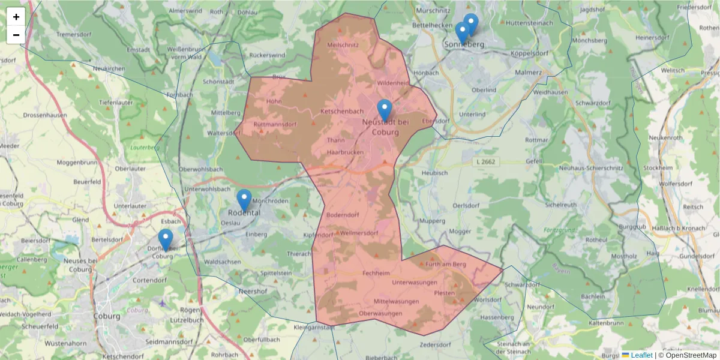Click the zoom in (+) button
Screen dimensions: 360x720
(x=16, y=17)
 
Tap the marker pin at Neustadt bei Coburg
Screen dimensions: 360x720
(x=385, y=110)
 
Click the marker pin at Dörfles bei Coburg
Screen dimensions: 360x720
(x=166, y=240)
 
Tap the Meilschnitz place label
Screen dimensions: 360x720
(x=343, y=45)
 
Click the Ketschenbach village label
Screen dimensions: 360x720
(x=343, y=112)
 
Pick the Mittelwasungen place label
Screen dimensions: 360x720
(x=396, y=301)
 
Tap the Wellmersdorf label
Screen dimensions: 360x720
(x=358, y=233)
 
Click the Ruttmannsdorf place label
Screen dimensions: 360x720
(x=275, y=125)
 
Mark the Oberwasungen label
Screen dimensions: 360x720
(x=380, y=314)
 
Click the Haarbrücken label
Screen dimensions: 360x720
(x=345, y=153)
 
